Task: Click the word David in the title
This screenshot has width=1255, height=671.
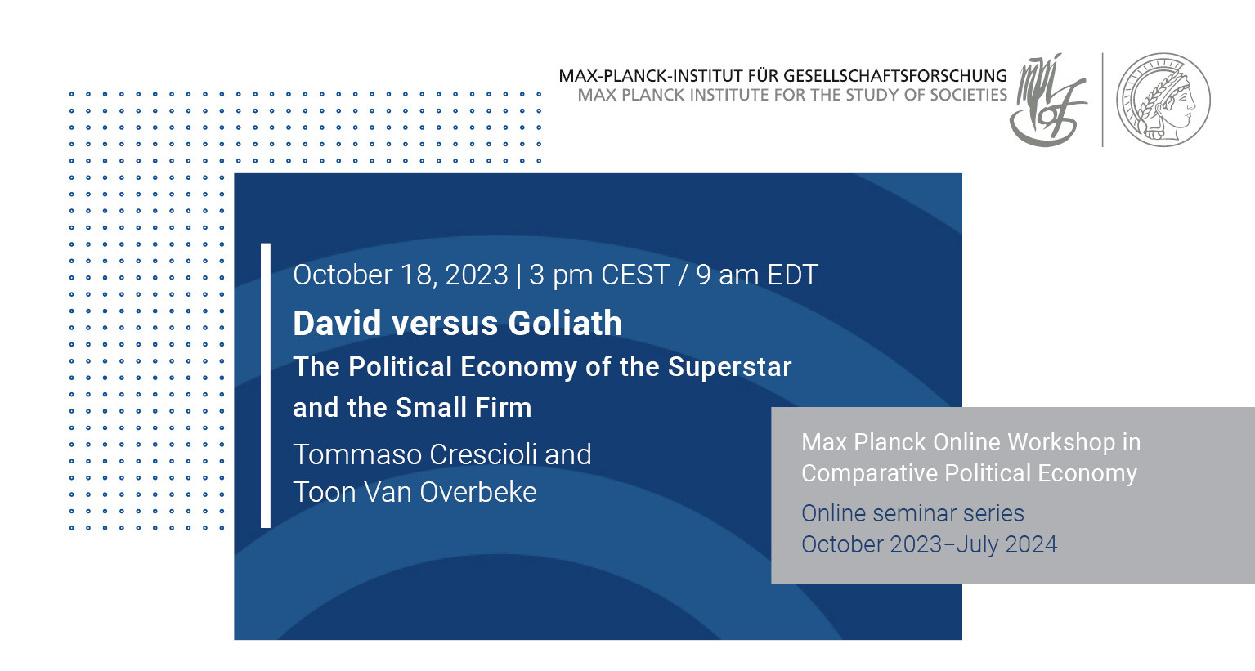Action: [339, 323]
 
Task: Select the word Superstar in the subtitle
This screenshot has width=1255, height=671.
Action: [729, 368]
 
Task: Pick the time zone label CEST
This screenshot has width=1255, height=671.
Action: [634, 275]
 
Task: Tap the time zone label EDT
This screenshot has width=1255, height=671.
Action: [792, 275]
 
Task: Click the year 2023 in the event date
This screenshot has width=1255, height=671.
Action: [476, 275]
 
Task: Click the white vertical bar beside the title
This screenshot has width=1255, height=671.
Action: [266, 385]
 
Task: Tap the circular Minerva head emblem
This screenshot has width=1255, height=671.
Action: [1163, 101]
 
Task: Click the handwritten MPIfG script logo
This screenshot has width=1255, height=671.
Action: [1048, 101]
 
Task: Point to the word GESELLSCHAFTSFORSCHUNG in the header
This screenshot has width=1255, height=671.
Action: [894, 76]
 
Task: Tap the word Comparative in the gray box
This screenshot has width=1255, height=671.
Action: [868, 474]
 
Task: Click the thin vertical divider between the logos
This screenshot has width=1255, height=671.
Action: [1103, 101]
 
